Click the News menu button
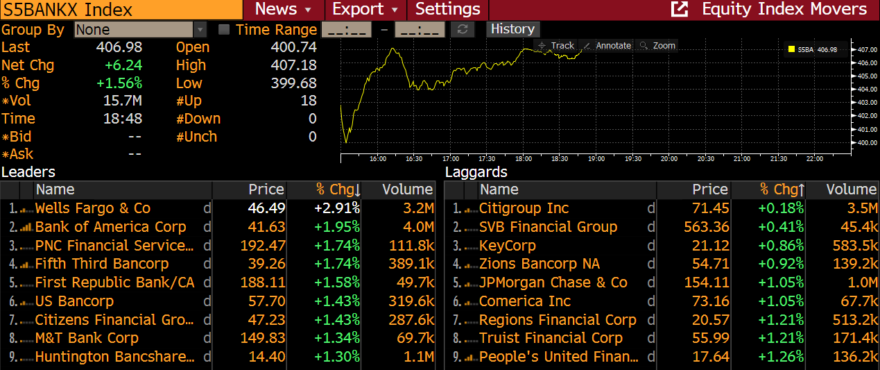coord(283,10)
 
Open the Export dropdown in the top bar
coord(365,10)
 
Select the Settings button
coord(447,10)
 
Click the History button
coord(512,29)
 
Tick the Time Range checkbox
coord(224,30)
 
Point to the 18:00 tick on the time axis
coord(524,159)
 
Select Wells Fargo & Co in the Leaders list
coord(93,208)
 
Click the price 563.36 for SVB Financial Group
coord(705,227)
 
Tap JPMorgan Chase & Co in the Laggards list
coord(553,283)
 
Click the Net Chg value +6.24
coord(123,65)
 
